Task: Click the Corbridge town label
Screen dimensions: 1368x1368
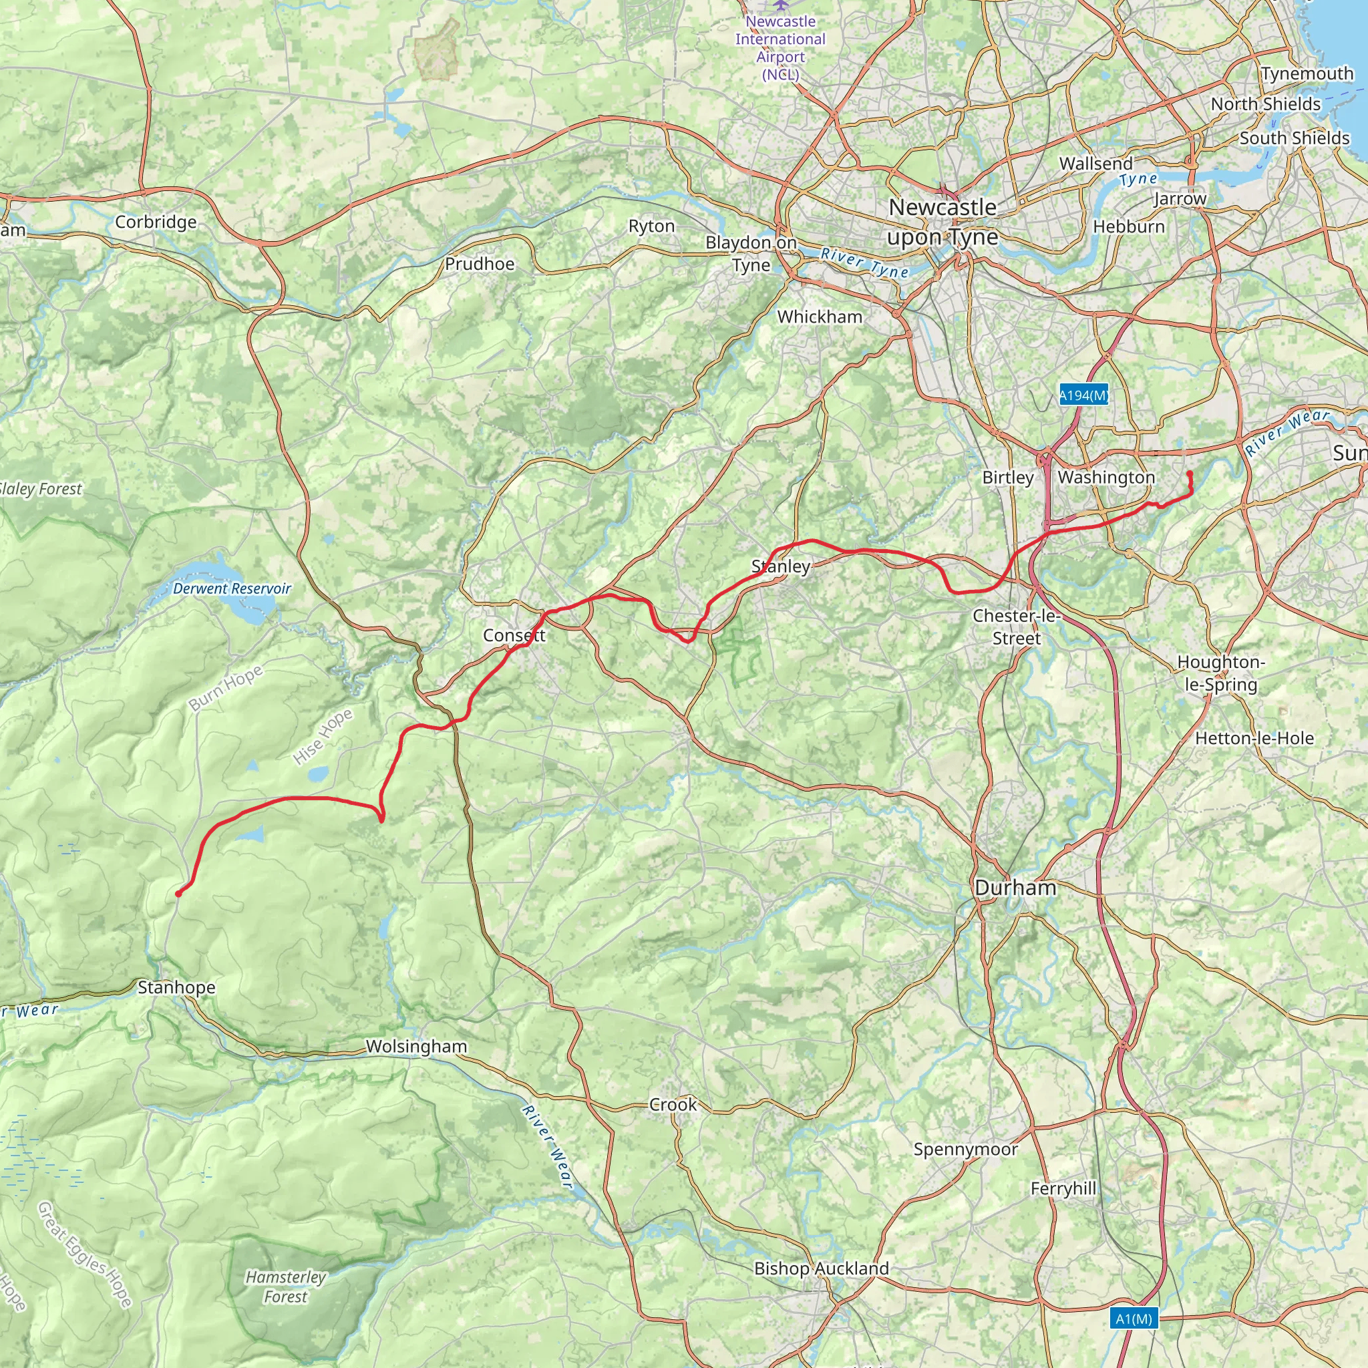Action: click(x=156, y=222)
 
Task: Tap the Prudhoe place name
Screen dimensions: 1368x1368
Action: click(x=480, y=264)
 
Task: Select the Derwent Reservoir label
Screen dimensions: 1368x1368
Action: click(x=232, y=588)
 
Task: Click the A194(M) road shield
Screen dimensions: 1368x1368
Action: click(x=1083, y=395)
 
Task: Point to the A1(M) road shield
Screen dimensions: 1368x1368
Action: click(x=1134, y=1319)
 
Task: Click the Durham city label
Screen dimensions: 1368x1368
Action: click(x=1015, y=888)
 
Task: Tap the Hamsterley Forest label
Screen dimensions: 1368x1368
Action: click(x=286, y=1287)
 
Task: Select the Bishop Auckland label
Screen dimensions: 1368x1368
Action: click(x=822, y=1268)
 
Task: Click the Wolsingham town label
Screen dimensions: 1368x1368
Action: click(x=416, y=1047)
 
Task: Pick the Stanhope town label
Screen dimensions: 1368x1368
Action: click(x=176, y=987)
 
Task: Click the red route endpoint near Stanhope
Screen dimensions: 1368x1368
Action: click(x=178, y=894)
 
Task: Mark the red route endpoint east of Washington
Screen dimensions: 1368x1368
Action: click(x=1190, y=474)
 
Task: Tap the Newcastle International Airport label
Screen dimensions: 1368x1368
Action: click(x=780, y=47)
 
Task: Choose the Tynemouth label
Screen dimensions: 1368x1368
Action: click(x=1307, y=73)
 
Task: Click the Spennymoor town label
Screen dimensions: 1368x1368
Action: click(x=965, y=1149)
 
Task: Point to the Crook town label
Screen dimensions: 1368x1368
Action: click(x=673, y=1105)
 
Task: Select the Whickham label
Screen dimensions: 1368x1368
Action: click(x=820, y=317)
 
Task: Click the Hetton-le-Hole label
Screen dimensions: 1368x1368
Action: click(x=1254, y=739)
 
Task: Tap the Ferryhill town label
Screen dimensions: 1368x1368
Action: click(x=1063, y=1189)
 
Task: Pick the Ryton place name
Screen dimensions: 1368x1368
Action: click(x=651, y=226)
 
